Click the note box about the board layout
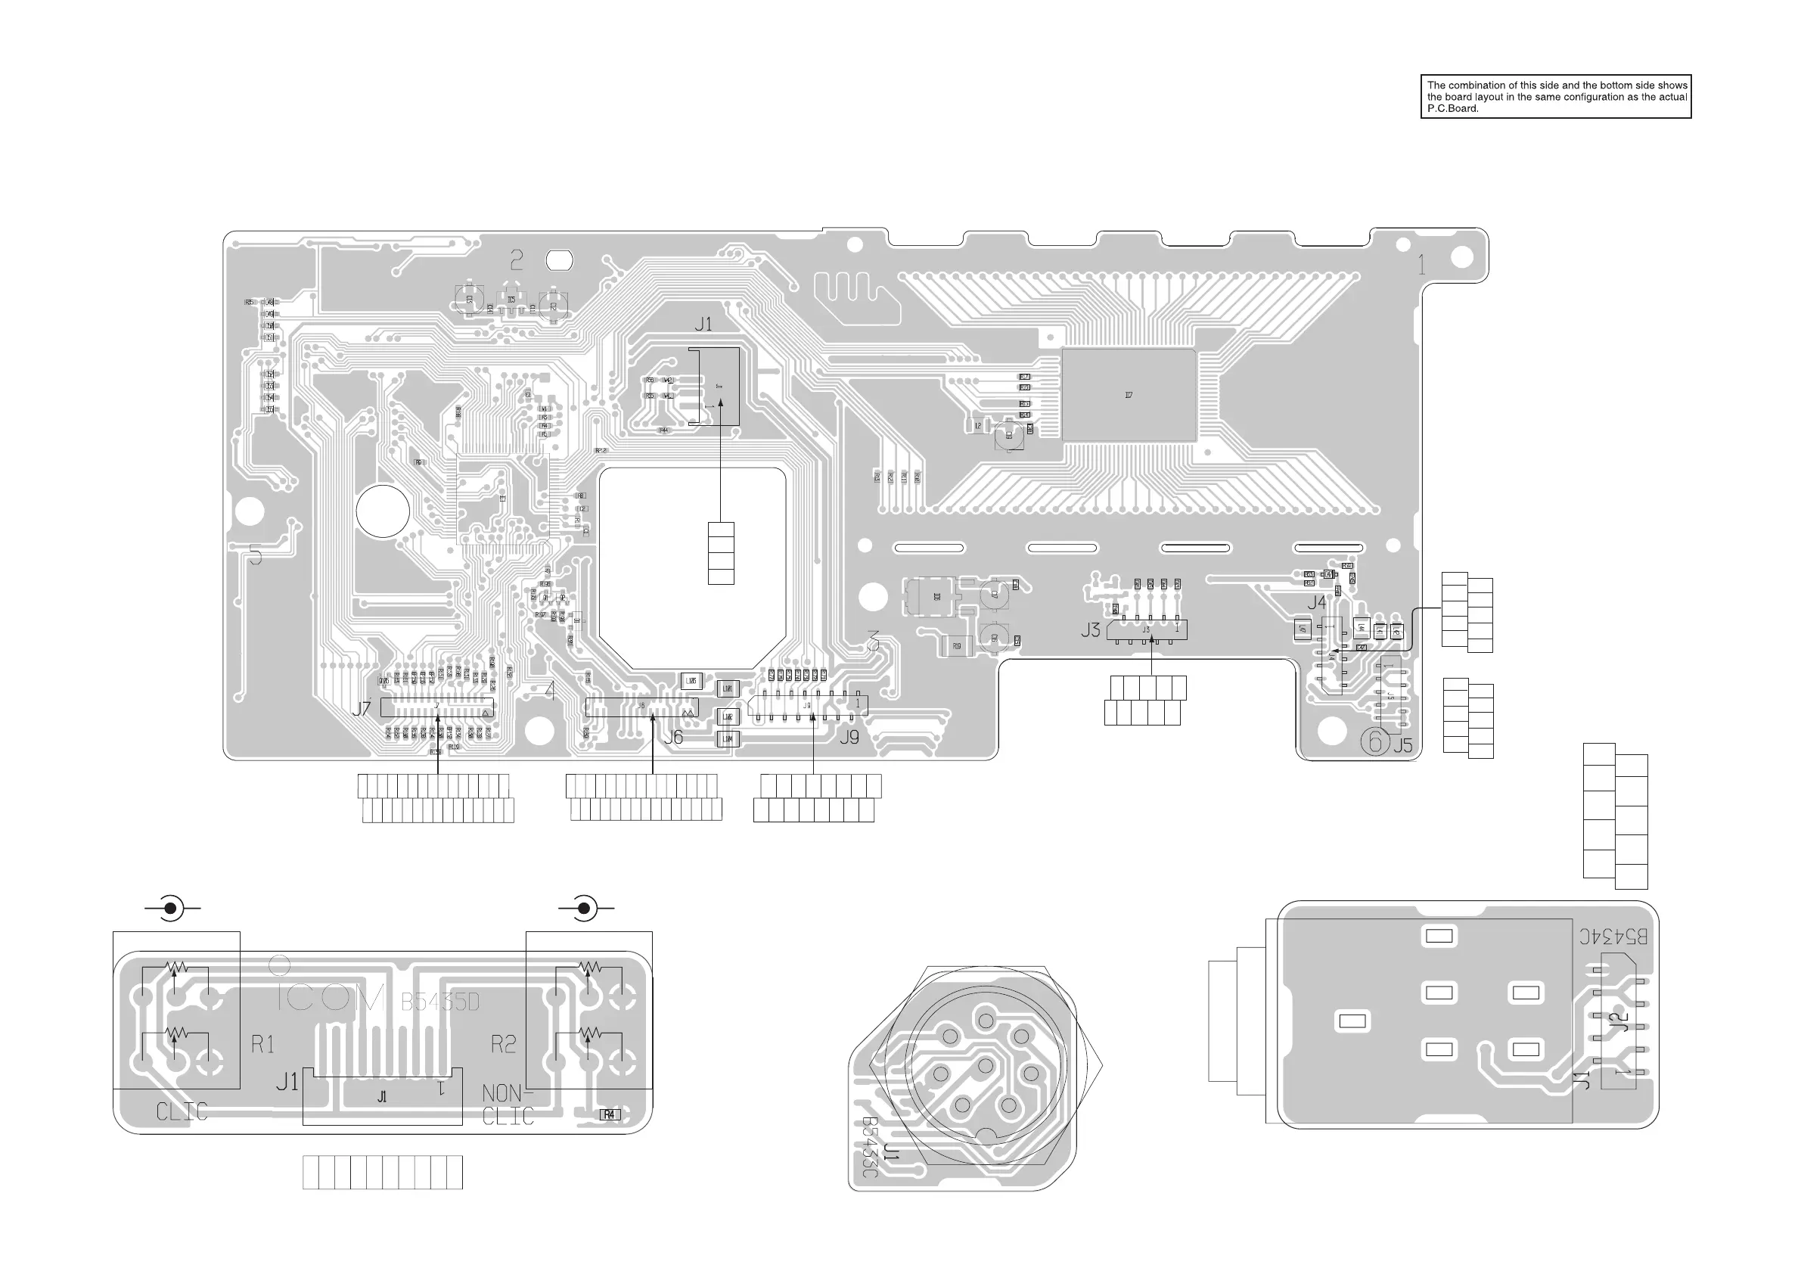tap(1555, 97)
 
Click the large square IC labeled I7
tap(1129, 396)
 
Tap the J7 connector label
tap(361, 709)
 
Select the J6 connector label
tap(673, 738)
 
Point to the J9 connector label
tap(849, 738)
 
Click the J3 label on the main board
tap(1090, 630)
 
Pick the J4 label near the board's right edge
tap(1316, 602)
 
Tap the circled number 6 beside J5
tap(1374, 741)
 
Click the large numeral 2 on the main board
tap(516, 259)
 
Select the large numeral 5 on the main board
tap(255, 555)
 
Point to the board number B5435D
tap(440, 1002)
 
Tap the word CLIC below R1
tap(182, 1111)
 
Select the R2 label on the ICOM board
tap(504, 1044)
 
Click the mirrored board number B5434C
tap(1613, 937)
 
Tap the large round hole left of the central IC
tap(383, 511)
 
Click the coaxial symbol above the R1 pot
tap(170, 909)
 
